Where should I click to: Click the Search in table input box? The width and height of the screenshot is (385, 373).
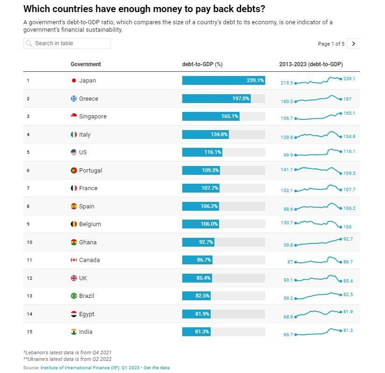[x=67, y=43]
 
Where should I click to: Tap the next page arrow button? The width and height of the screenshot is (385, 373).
[x=354, y=43]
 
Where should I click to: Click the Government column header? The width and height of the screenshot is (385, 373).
[x=86, y=64]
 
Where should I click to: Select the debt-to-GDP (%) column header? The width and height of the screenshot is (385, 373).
[x=202, y=64]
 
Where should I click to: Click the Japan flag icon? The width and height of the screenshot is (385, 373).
[x=73, y=81]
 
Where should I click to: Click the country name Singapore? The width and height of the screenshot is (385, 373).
[x=93, y=117]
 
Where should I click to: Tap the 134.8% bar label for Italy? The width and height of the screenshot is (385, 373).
[x=220, y=134]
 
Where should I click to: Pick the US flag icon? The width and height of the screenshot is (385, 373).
[x=73, y=152]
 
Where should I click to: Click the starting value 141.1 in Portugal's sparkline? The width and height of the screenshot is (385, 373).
[x=287, y=170]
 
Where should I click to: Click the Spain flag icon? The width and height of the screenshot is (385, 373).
[x=73, y=206]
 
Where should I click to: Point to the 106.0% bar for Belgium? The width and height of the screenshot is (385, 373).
[x=200, y=224]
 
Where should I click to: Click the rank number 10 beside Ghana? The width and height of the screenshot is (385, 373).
[x=29, y=242]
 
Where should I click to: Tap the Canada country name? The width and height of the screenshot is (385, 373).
[x=89, y=260]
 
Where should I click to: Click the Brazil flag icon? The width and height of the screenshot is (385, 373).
[x=73, y=296]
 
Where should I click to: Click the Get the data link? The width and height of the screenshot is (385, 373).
[x=157, y=368]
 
